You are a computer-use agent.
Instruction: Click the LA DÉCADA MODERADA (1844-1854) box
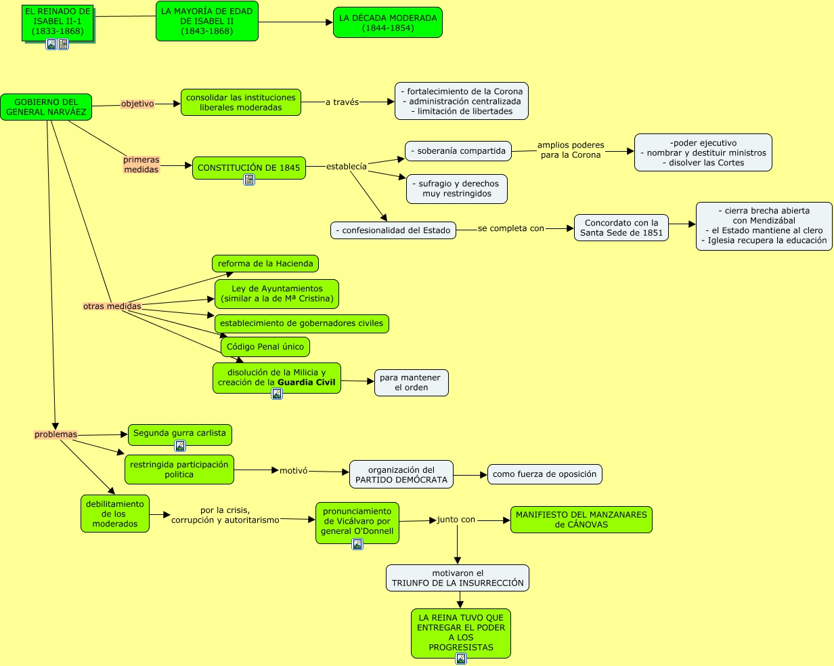pos(387,22)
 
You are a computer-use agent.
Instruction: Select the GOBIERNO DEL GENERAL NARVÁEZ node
pos(46,107)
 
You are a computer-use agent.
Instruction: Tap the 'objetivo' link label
pos(137,104)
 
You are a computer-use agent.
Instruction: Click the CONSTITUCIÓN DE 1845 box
pos(248,167)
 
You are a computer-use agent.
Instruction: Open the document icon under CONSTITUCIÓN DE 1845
pos(249,180)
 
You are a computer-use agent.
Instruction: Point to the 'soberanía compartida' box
pos(458,151)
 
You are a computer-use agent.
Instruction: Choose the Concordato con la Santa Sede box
pos(621,228)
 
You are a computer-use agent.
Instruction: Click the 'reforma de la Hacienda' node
pos(265,264)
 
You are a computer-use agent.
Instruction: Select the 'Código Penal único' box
pos(265,347)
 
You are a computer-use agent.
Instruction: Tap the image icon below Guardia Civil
pos(277,394)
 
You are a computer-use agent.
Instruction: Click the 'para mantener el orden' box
pos(411,383)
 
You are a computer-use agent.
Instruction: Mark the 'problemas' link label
pos(56,435)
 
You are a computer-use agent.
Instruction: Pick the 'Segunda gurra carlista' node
pos(179,433)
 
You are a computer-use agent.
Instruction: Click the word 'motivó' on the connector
pos(294,470)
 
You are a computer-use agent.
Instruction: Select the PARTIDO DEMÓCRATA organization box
pos(401,474)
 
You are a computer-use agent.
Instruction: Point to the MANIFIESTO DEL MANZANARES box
pos(581,520)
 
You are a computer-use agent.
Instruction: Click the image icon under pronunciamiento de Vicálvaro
pos(357,543)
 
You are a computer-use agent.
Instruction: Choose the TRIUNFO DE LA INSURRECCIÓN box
pos(458,578)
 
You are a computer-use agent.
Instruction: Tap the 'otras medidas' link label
pos(112,306)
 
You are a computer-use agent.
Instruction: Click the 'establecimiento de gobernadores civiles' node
pos(301,323)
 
